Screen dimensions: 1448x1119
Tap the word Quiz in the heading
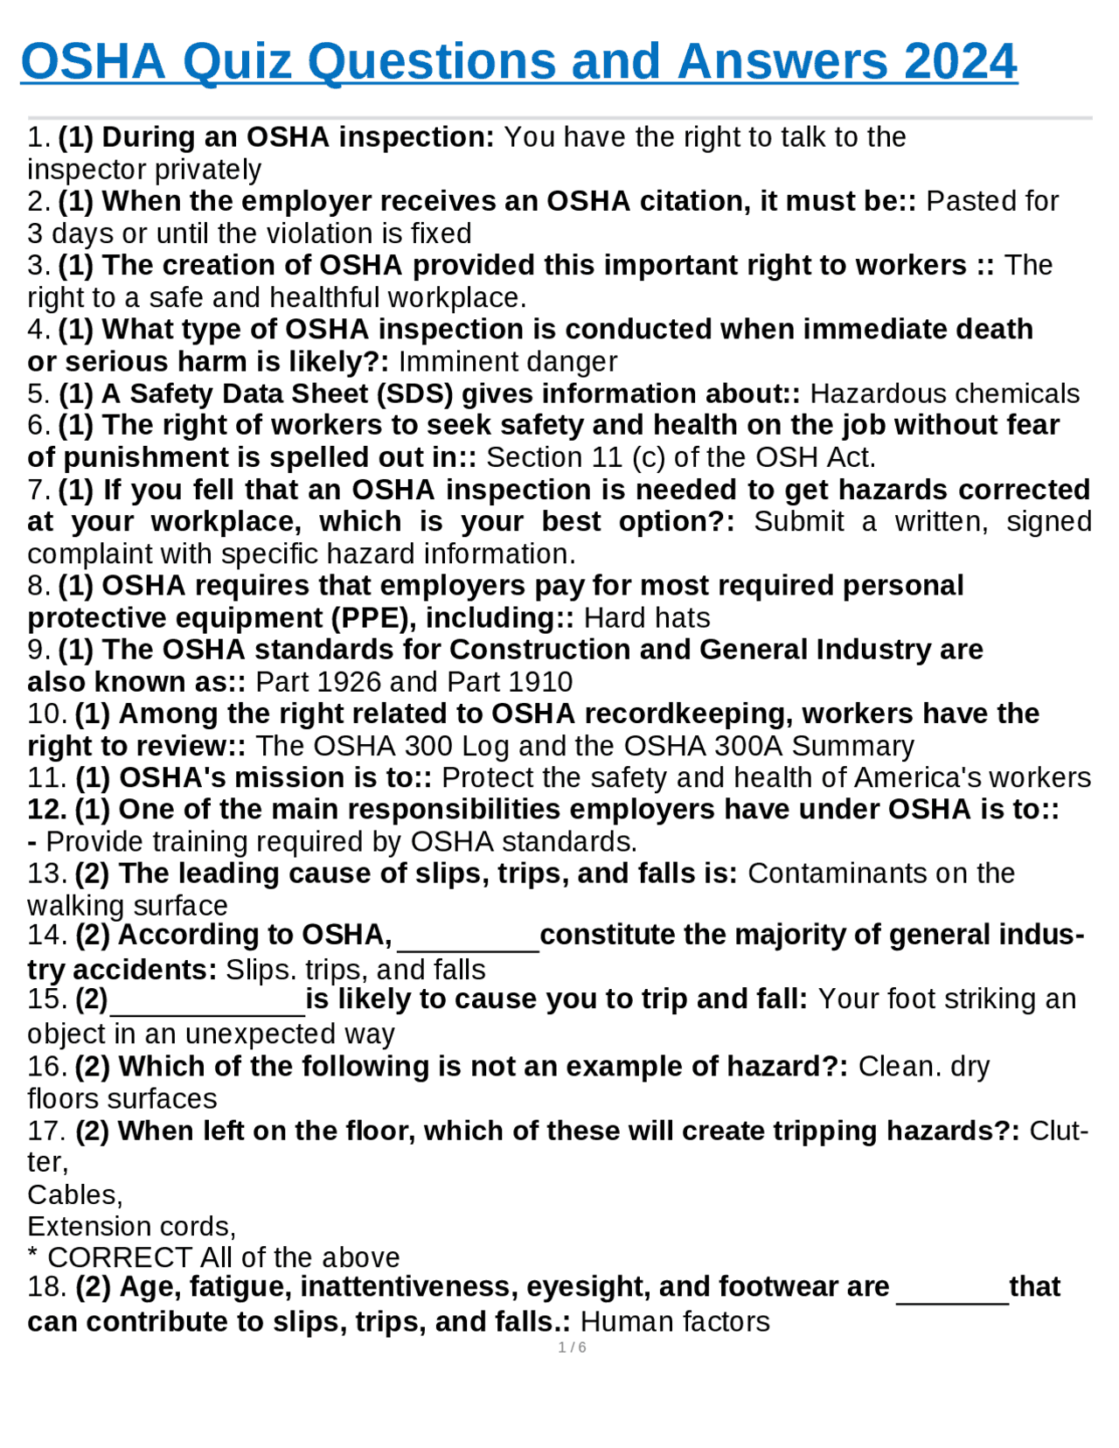click(x=237, y=61)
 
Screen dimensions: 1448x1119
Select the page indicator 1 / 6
click(x=572, y=1347)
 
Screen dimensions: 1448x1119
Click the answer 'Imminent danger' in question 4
click(x=508, y=361)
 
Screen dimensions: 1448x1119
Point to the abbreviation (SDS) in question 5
click(x=414, y=393)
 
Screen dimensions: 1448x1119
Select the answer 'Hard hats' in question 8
click(x=647, y=617)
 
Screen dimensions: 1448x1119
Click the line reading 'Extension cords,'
click(x=131, y=1226)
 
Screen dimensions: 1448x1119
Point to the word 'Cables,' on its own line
click(x=75, y=1194)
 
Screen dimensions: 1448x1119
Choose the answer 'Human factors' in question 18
click(x=675, y=1321)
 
